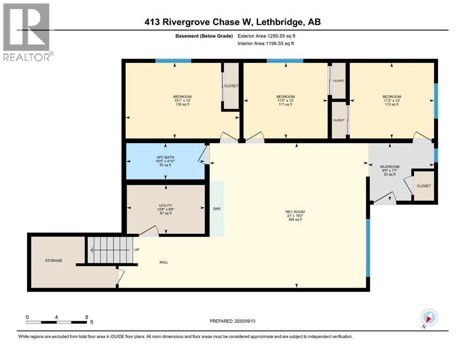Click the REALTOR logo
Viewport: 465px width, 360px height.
[27, 32]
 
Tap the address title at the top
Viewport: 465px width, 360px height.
[233, 22]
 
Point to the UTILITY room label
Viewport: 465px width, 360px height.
[166, 209]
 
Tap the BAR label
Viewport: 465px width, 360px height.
[217, 209]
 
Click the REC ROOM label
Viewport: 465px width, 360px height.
[295, 215]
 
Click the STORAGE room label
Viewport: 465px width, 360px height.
[53, 260]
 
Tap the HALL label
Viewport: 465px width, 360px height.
[163, 262]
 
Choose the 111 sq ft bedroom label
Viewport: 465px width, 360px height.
[285, 101]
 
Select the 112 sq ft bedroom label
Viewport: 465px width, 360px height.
[391, 101]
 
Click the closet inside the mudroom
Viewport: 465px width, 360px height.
[424, 186]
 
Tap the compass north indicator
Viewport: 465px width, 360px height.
[428, 318]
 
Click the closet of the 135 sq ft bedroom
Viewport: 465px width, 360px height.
[231, 86]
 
